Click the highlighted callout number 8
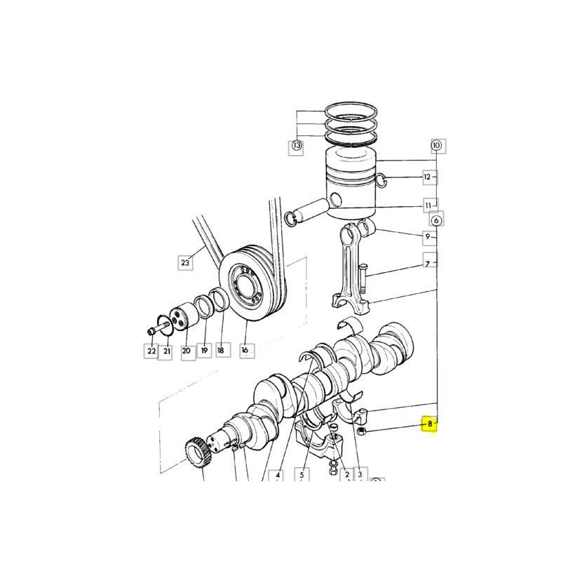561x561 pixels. point(430,424)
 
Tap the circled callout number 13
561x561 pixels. point(296,146)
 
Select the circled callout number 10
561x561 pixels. point(436,146)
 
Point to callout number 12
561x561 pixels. point(427,177)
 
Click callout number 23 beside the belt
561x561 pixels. point(185,263)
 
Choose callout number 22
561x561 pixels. point(151,351)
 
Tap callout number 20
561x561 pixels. point(186,351)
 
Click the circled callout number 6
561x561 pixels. point(436,221)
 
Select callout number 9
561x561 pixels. point(428,236)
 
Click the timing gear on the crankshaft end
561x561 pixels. point(198,452)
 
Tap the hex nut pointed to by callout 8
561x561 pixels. point(362,431)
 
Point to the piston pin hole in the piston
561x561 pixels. point(336,198)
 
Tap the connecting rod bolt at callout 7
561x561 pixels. point(362,278)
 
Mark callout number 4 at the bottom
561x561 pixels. point(278,475)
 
